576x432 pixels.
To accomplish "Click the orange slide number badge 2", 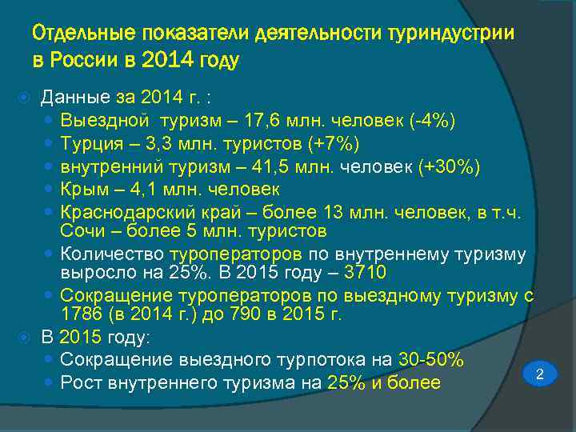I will pos(539,374).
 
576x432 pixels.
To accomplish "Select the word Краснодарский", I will pos(122,213).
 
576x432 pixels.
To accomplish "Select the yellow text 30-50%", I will pos(432,359).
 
